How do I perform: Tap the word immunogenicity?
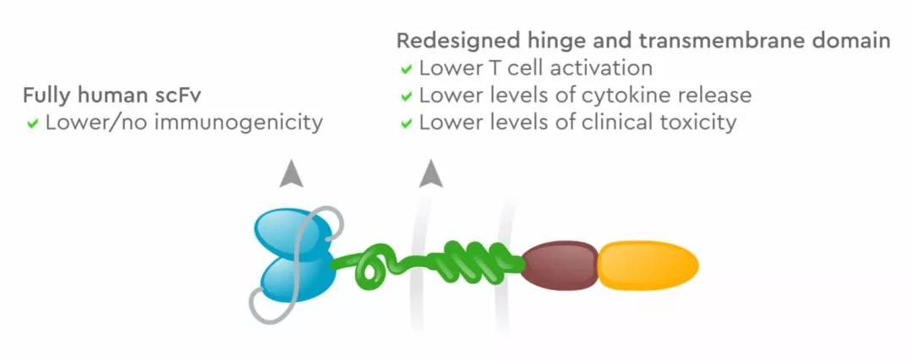(251, 123)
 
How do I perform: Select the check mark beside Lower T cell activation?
(407, 69)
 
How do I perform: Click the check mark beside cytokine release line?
(407, 96)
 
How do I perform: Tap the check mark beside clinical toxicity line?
(407, 123)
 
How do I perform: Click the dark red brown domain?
(560, 266)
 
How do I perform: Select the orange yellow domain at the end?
(648, 266)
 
